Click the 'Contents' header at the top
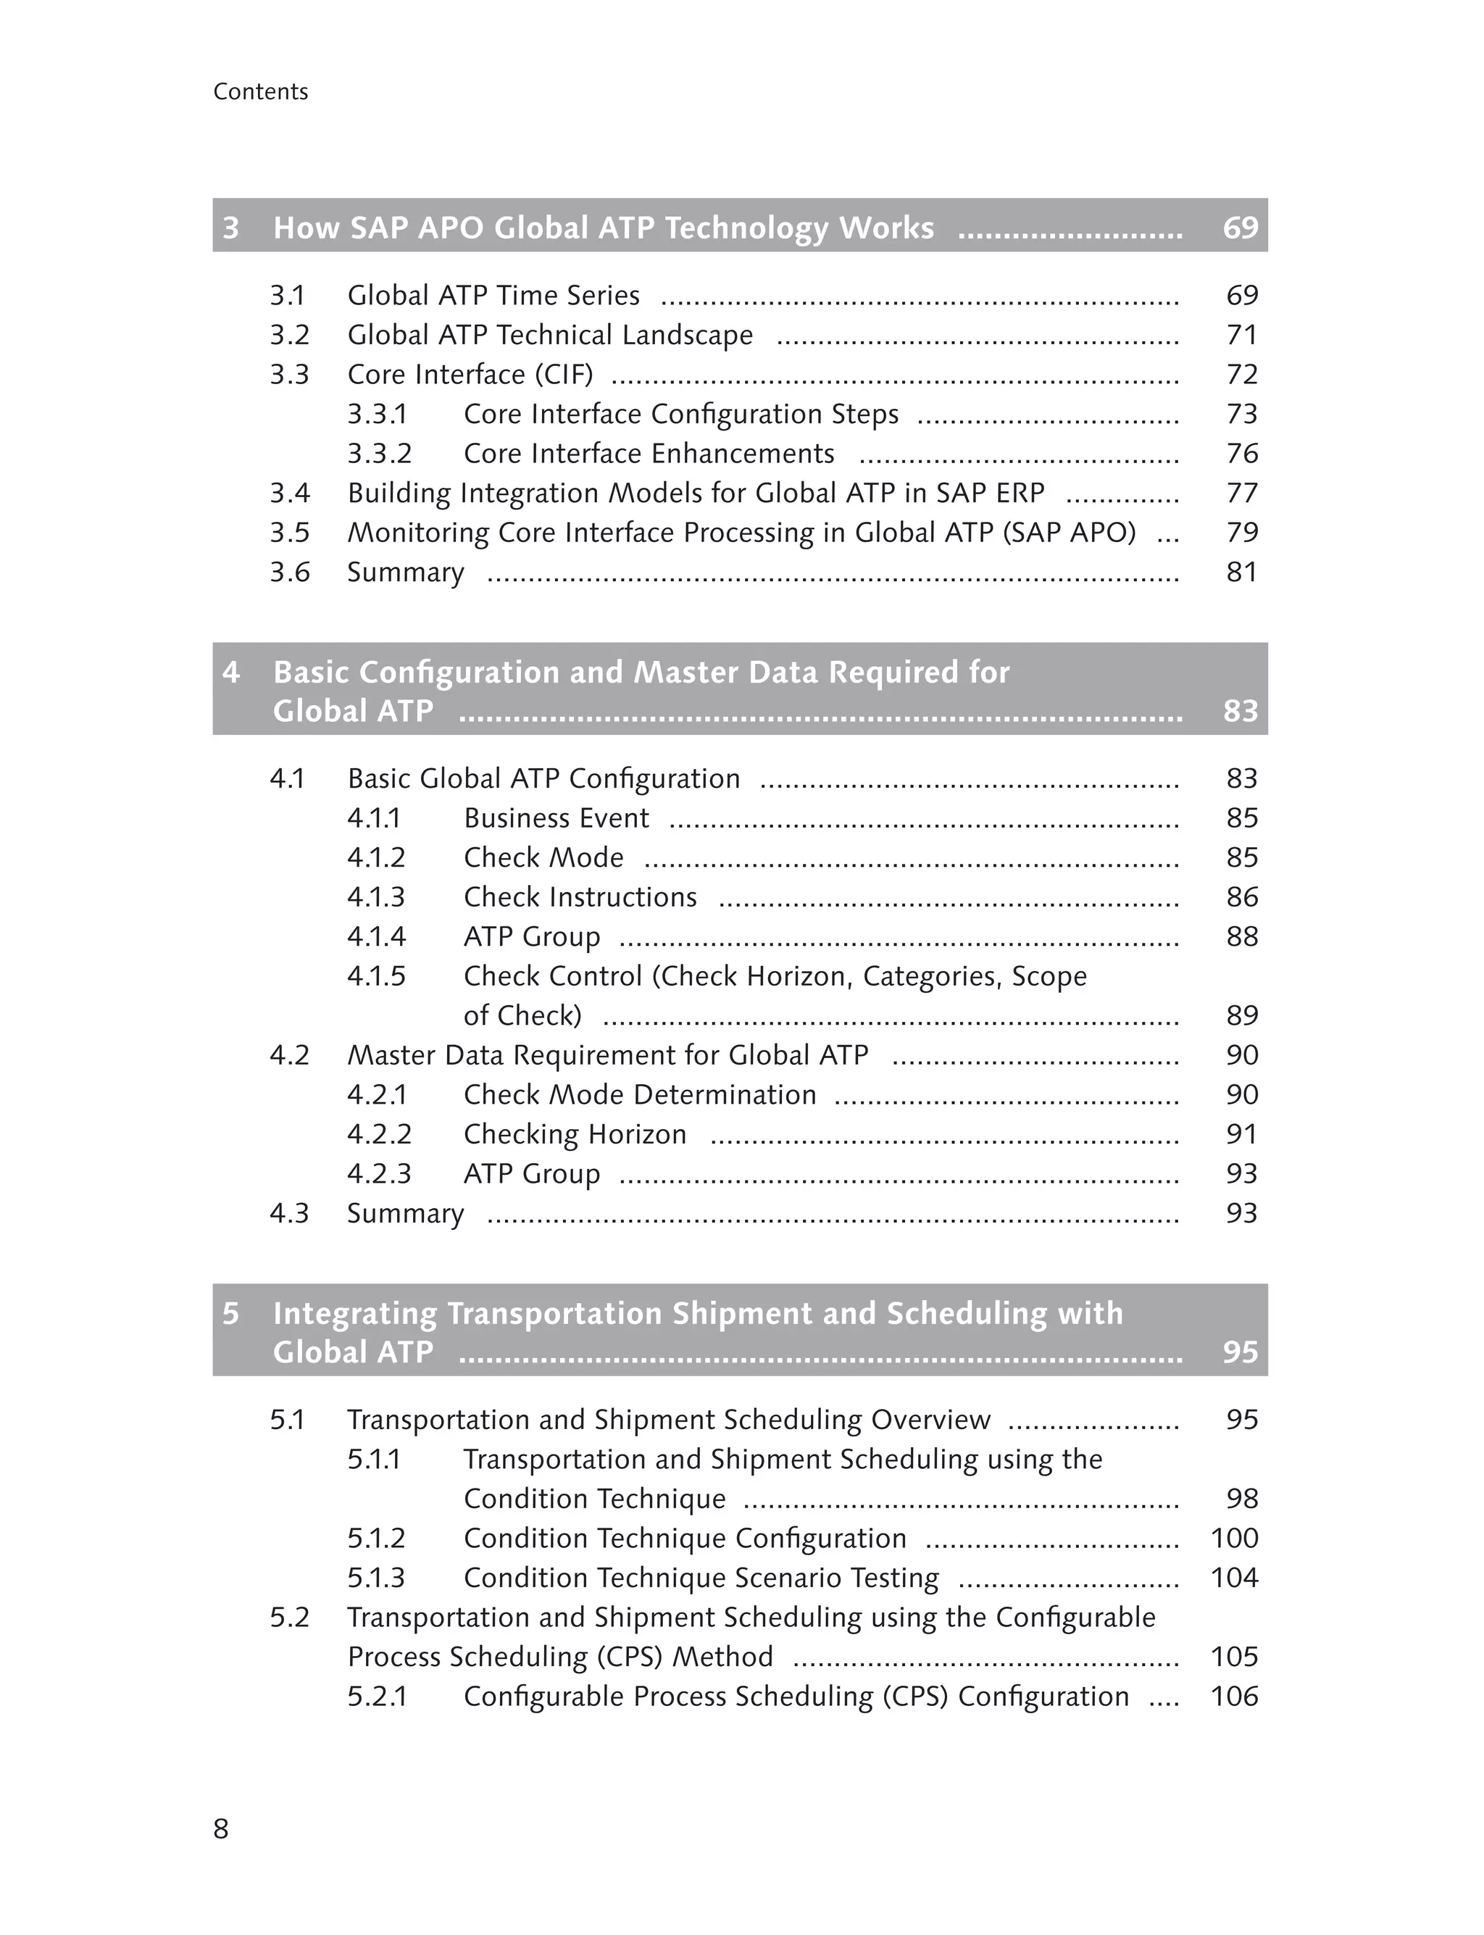point(261,92)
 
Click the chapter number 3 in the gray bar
point(230,228)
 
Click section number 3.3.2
point(379,453)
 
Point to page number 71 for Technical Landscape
point(1242,335)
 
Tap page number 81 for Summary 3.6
point(1241,573)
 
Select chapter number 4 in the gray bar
point(230,673)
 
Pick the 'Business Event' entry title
point(556,818)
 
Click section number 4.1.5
point(376,976)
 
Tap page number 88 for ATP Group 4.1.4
point(1242,936)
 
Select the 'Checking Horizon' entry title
point(575,1134)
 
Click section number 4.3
point(289,1213)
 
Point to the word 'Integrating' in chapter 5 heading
point(354,1314)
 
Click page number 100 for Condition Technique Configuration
point(1234,1539)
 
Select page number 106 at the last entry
point(1234,1697)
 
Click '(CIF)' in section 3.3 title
point(564,375)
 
